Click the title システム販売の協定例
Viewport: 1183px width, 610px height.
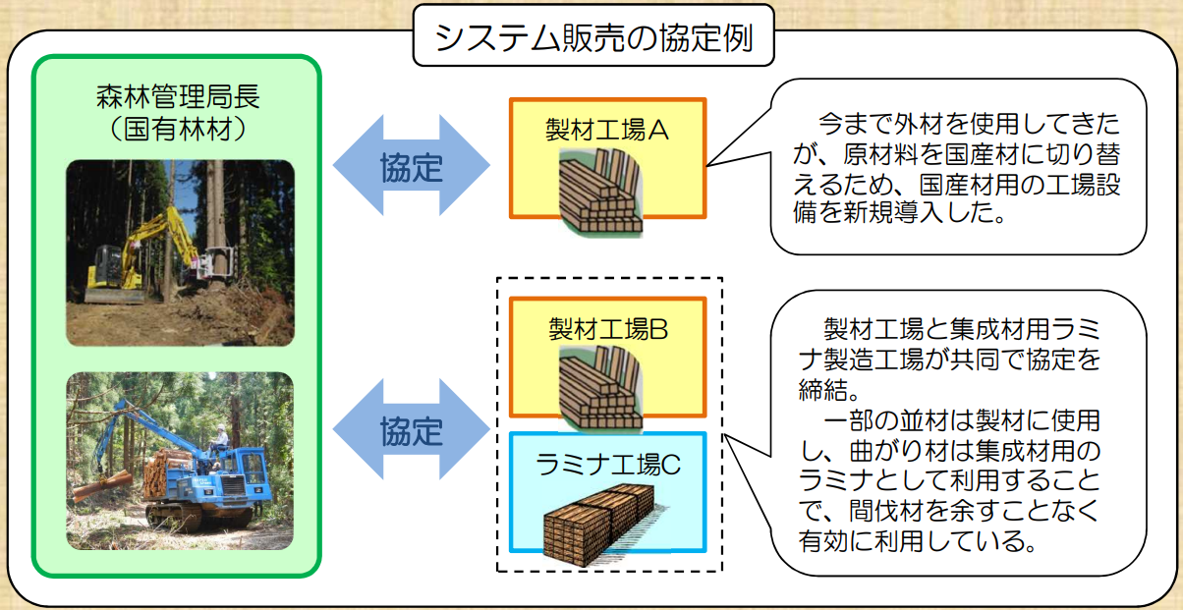[593, 37]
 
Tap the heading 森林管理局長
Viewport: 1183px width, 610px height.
[178, 96]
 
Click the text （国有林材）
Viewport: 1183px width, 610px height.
[178, 129]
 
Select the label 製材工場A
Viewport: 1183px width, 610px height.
[607, 130]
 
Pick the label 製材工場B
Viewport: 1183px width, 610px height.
[608, 328]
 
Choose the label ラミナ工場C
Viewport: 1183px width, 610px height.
[607, 465]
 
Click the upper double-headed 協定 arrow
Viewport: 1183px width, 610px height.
[412, 165]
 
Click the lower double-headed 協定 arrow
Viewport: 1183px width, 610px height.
[412, 429]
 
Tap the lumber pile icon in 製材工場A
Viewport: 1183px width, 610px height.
[600, 192]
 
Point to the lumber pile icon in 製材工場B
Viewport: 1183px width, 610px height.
[600, 389]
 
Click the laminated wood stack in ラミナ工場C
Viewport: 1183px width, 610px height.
[602, 525]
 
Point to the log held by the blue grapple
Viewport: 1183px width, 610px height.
[102, 485]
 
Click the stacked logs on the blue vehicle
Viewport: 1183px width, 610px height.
[165, 471]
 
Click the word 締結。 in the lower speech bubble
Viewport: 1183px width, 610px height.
[829, 390]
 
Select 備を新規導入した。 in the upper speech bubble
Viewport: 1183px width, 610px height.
[899, 213]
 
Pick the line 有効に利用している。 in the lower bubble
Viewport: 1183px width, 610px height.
[919, 541]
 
